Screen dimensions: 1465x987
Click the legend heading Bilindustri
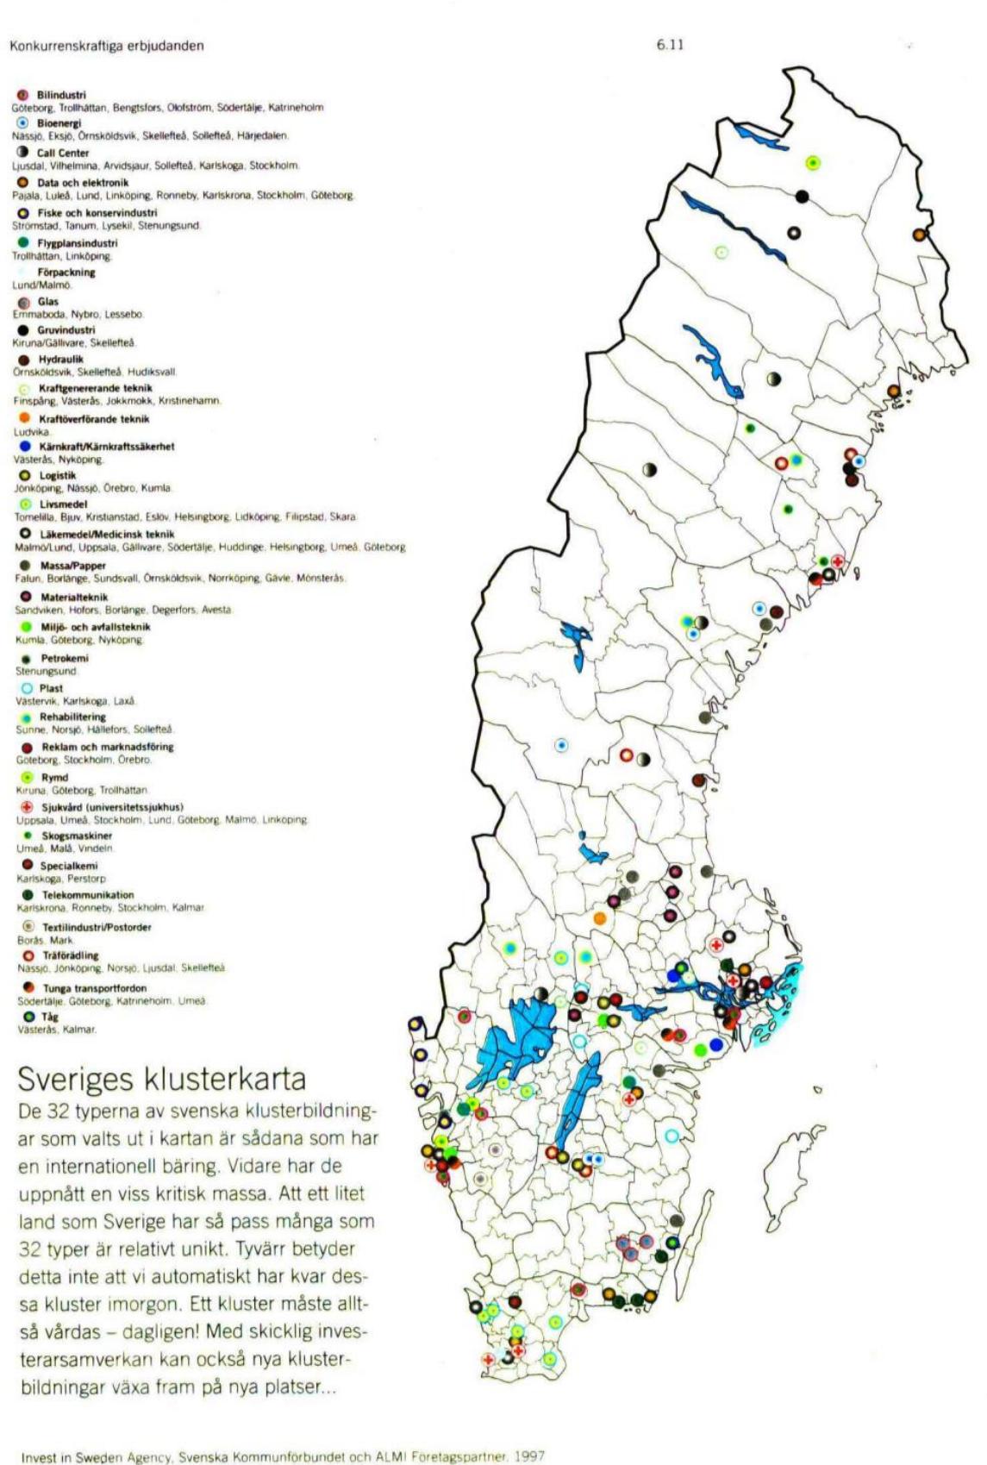point(61,95)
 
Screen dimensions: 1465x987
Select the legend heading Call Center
point(62,153)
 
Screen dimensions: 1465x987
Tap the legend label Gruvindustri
point(66,330)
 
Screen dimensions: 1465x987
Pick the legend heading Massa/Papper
point(73,566)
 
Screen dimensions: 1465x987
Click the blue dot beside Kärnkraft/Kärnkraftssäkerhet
point(24,447)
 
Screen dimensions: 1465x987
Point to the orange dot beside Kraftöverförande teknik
point(24,418)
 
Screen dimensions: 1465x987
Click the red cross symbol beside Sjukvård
point(26,807)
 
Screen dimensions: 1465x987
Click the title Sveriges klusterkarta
point(161,1079)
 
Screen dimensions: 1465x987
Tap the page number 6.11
point(670,45)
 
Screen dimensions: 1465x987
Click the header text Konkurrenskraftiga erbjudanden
point(107,46)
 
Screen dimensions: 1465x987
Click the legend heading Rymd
point(54,777)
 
